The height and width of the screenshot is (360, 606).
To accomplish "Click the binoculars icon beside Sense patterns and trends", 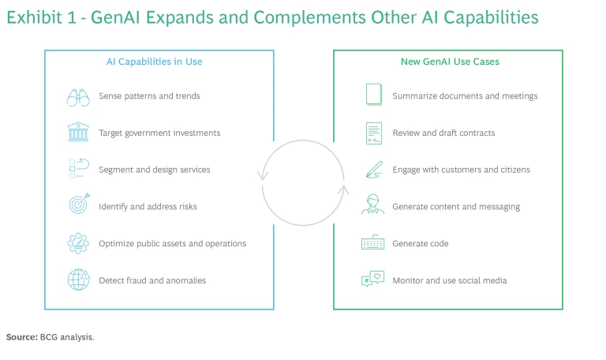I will [x=78, y=96].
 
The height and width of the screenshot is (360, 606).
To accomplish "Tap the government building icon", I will [x=78, y=133].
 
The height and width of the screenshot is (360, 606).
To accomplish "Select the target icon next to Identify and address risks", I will [x=79, y=205].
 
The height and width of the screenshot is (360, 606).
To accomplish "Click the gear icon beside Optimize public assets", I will [x=78, y=242].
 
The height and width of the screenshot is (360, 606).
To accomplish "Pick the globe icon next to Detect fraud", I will [x=78, y=279].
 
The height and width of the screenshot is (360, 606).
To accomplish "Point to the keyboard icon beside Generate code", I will [x=372, y=243].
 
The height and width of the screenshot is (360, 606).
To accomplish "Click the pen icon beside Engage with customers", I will [x=372, y=170].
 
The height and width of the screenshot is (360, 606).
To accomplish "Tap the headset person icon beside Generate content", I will [x=372, y=205].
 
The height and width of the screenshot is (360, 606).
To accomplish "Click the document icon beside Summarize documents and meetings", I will [x=373, y=96].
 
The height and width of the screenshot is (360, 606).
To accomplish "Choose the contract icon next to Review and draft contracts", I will [x=373, y=133].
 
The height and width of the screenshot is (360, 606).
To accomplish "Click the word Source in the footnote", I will [x=21, y=337].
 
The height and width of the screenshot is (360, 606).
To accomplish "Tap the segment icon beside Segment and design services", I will [x=78, y=169].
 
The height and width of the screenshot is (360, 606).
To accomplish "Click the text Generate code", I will [x=421, y=243].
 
